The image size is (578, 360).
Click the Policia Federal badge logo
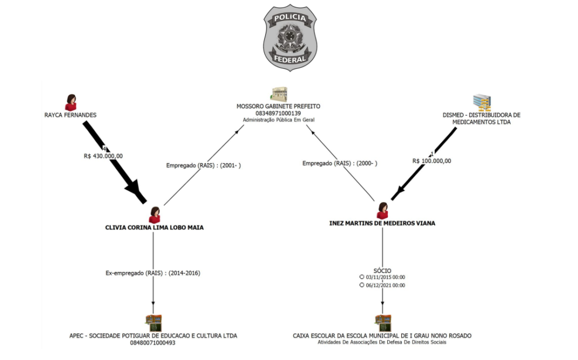click(290, 37)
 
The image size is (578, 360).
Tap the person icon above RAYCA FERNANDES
click(71, 103)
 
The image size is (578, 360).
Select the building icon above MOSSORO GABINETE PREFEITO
click(278, 94)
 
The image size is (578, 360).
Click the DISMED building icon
click(481, 102)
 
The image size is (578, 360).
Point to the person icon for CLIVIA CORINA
click(155, 215)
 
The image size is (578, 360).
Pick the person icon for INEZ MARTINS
click(383, 210)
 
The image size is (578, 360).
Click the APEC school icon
click(154, 323)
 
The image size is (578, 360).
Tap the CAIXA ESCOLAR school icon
click(383, 323)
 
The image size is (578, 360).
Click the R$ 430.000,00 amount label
click(103, 156)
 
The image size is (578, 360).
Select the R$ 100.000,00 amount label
click(432, 161)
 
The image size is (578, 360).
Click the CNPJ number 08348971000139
click(278, 113)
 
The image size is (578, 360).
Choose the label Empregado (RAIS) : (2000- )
click(340, 163)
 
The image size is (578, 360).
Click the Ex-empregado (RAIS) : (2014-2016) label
click(153, 273)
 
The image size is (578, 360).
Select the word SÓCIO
click(382, 271)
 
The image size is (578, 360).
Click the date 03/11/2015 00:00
click(386, 277)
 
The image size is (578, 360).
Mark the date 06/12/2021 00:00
click(386, 286)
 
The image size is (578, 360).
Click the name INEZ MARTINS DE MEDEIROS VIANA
click(382, 223)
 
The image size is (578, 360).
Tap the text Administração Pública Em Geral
click(278, 120)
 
